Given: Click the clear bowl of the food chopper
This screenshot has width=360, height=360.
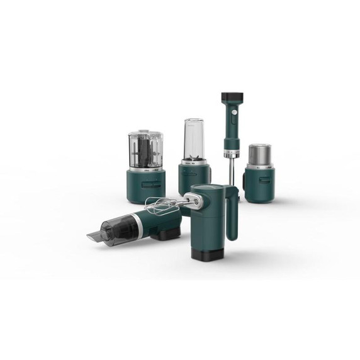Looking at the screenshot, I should coord(145,151).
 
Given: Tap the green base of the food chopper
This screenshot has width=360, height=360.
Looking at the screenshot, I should coord(145,186).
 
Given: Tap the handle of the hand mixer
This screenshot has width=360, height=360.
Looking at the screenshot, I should coord(232,214).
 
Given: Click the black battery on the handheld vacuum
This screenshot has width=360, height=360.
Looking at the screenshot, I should coord(166,233).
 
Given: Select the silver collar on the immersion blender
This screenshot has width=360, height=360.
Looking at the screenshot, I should coord(232,153).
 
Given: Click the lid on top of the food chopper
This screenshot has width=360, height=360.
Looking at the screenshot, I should coord(145,133).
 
